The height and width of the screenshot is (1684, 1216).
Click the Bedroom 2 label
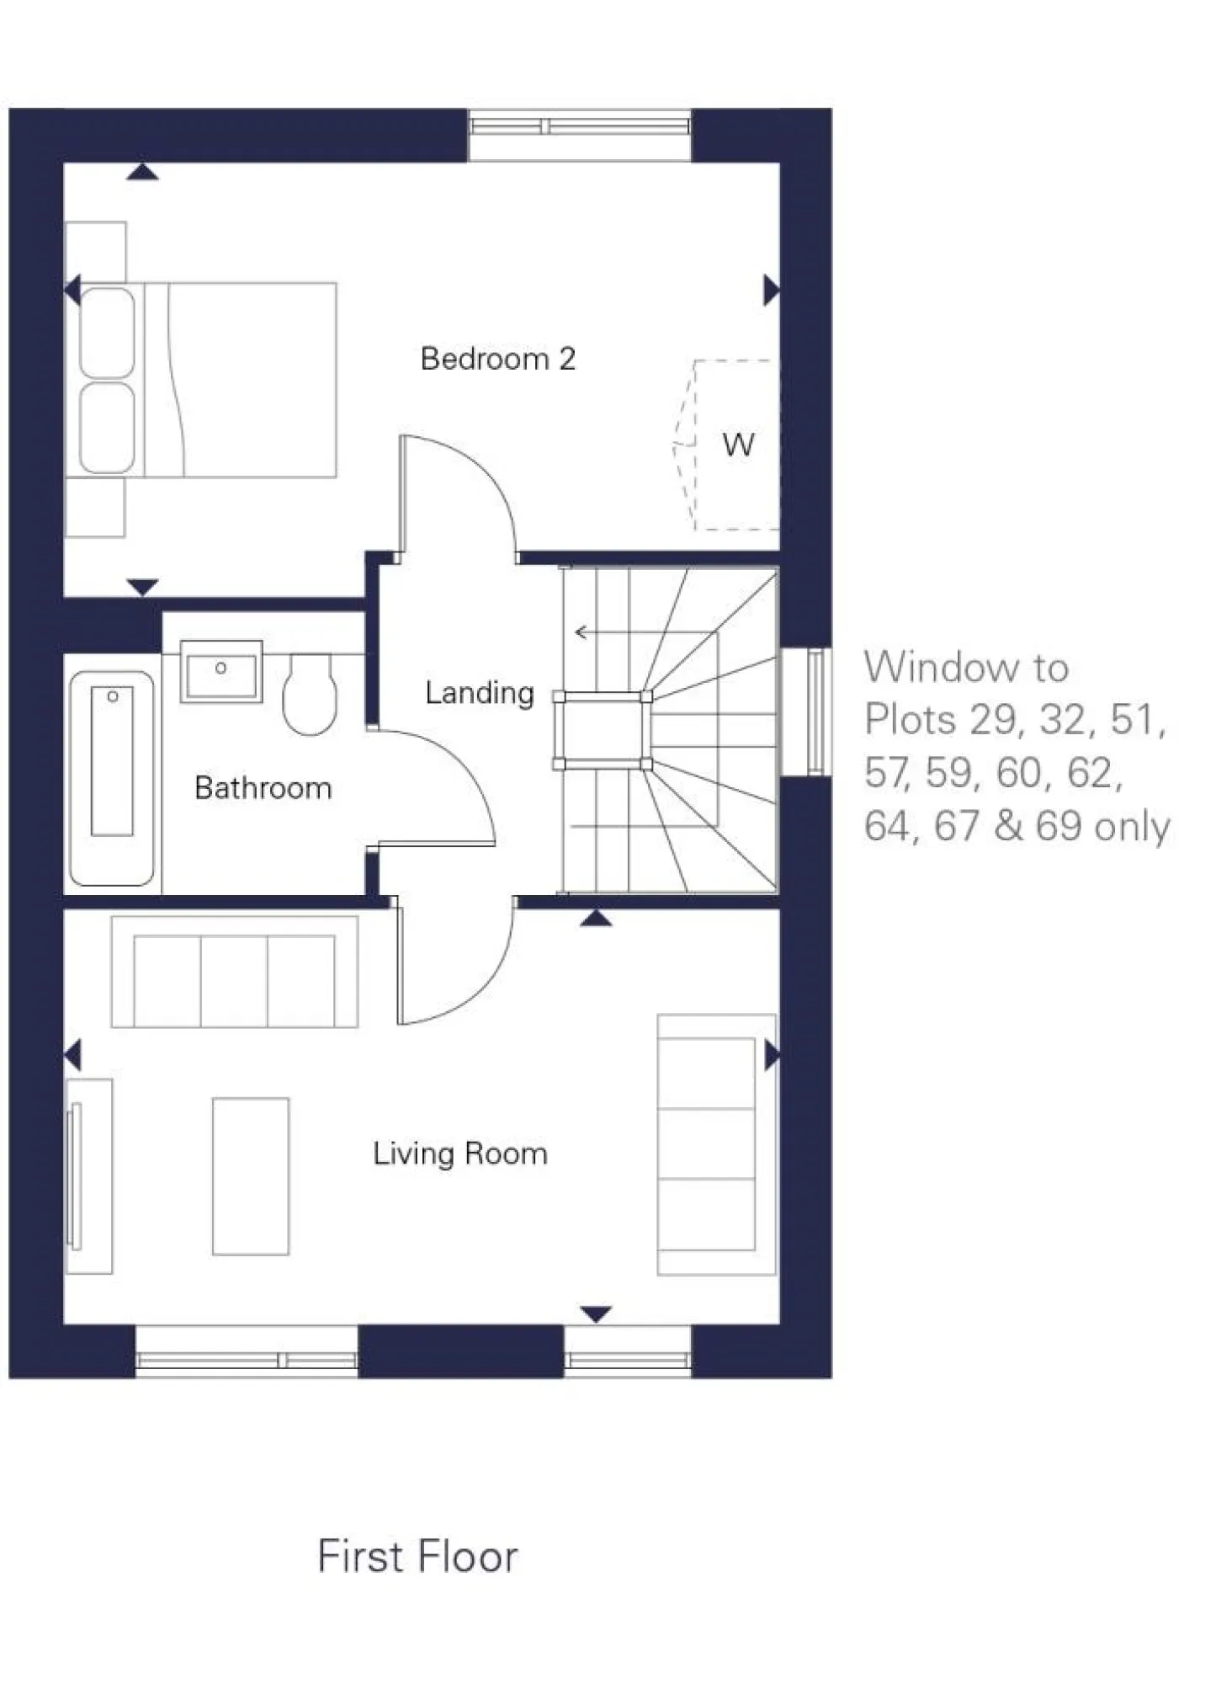pos(497,360)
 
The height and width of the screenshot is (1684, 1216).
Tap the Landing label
pos(479,693)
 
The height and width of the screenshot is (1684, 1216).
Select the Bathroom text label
pos(263,788)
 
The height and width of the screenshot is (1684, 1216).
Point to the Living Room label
pos(459,1153)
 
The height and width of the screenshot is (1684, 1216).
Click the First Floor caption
pos(417,1556)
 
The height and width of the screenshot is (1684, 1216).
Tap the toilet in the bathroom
pos(309,693)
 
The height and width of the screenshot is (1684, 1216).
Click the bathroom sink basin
pos(221,673)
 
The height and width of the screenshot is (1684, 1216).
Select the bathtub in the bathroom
pos(112,777)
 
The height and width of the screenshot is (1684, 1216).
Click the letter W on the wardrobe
pos(738,445)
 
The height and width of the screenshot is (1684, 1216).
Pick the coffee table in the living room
pos(251,1175)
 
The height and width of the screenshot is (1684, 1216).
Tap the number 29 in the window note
pos(993,721)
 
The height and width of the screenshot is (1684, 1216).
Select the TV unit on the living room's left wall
pos(88,1176)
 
